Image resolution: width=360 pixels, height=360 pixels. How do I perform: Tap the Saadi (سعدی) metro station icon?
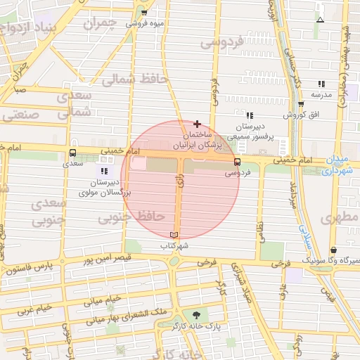tap(73, 153)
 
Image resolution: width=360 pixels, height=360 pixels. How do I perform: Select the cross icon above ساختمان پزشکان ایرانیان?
tap(197, 124)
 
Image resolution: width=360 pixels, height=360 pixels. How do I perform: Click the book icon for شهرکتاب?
tap(174, 235)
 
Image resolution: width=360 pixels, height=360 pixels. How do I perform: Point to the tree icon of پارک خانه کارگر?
tap(196, 315)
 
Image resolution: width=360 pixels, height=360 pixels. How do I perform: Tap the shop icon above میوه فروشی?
tap(145, 13)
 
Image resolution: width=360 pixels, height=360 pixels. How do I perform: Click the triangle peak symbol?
tap(320, 19)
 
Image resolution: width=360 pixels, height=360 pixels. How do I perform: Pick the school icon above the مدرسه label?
tap(321, 83)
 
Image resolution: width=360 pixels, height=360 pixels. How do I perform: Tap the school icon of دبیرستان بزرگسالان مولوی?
tap(105, 171)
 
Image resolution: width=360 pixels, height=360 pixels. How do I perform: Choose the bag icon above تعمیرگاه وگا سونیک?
tap(333, 250)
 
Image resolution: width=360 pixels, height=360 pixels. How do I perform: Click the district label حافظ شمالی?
tap(135, 79)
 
